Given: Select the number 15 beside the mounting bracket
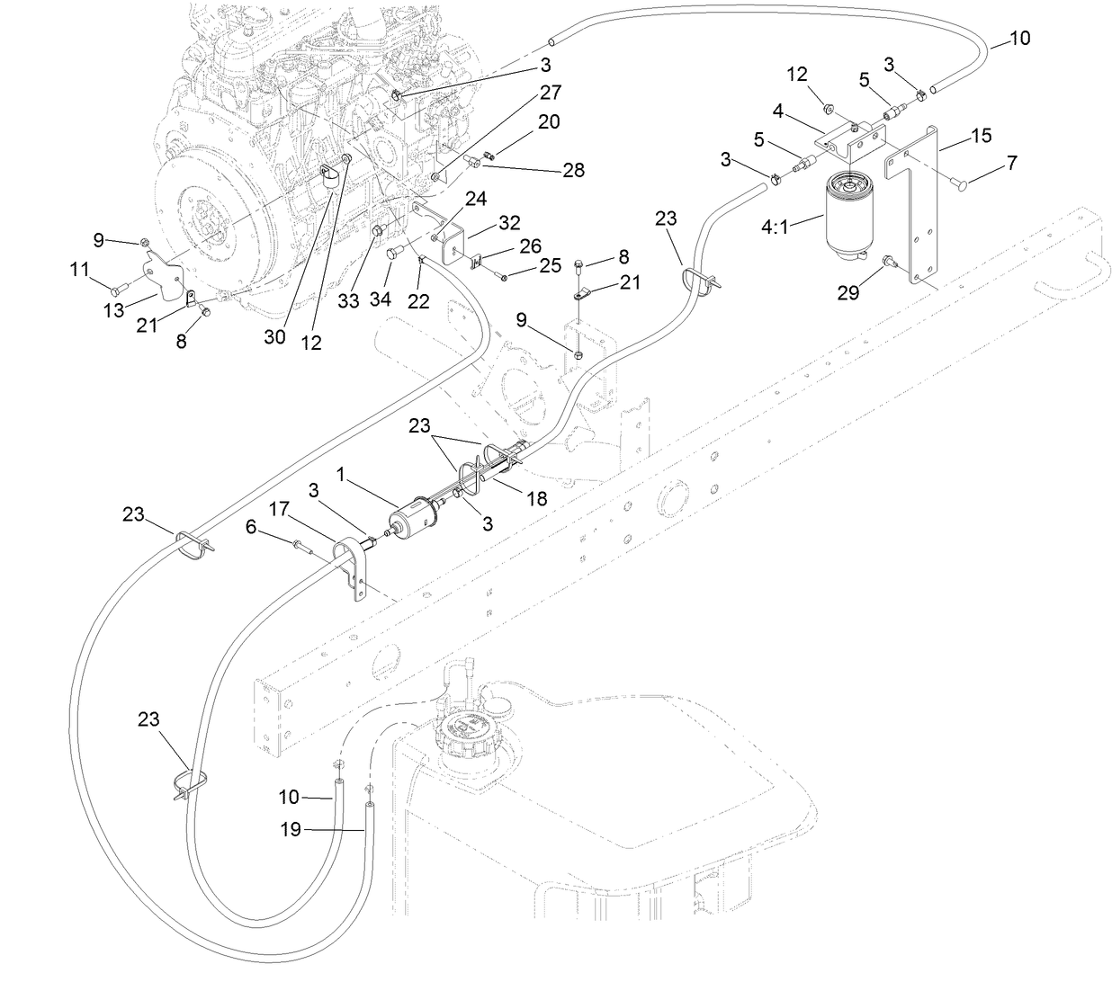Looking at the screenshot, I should pyautogui.click(x=981, y=135).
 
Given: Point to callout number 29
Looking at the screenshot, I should pyautogui.click(x=848, y=292).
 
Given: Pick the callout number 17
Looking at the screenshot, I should pyautogui.click(x=280, y=509).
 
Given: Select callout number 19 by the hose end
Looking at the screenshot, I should pyautogui.click(x=290, y=830).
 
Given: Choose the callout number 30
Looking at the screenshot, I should pyautogui.click(x=274, y=336).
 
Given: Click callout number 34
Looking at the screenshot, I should pyautogui.click(x=380, y=299).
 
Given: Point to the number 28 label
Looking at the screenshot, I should pyautogui.click(x=572, y=170).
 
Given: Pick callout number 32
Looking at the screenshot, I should pyautogui.click(x=509, y=222).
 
